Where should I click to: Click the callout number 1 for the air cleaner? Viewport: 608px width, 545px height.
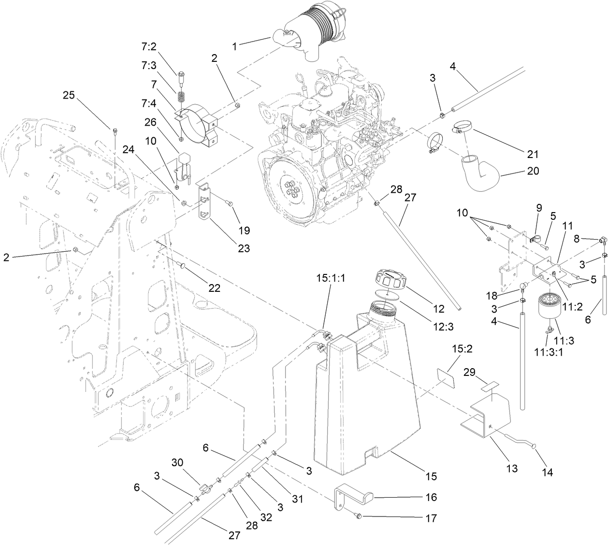pyautogui.click(x=234, y=47)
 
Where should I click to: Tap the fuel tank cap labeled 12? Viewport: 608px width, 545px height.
pyautogui.click(x=391, y=280)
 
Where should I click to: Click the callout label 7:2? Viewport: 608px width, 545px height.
pyautogui.click(x=148, y=47)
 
